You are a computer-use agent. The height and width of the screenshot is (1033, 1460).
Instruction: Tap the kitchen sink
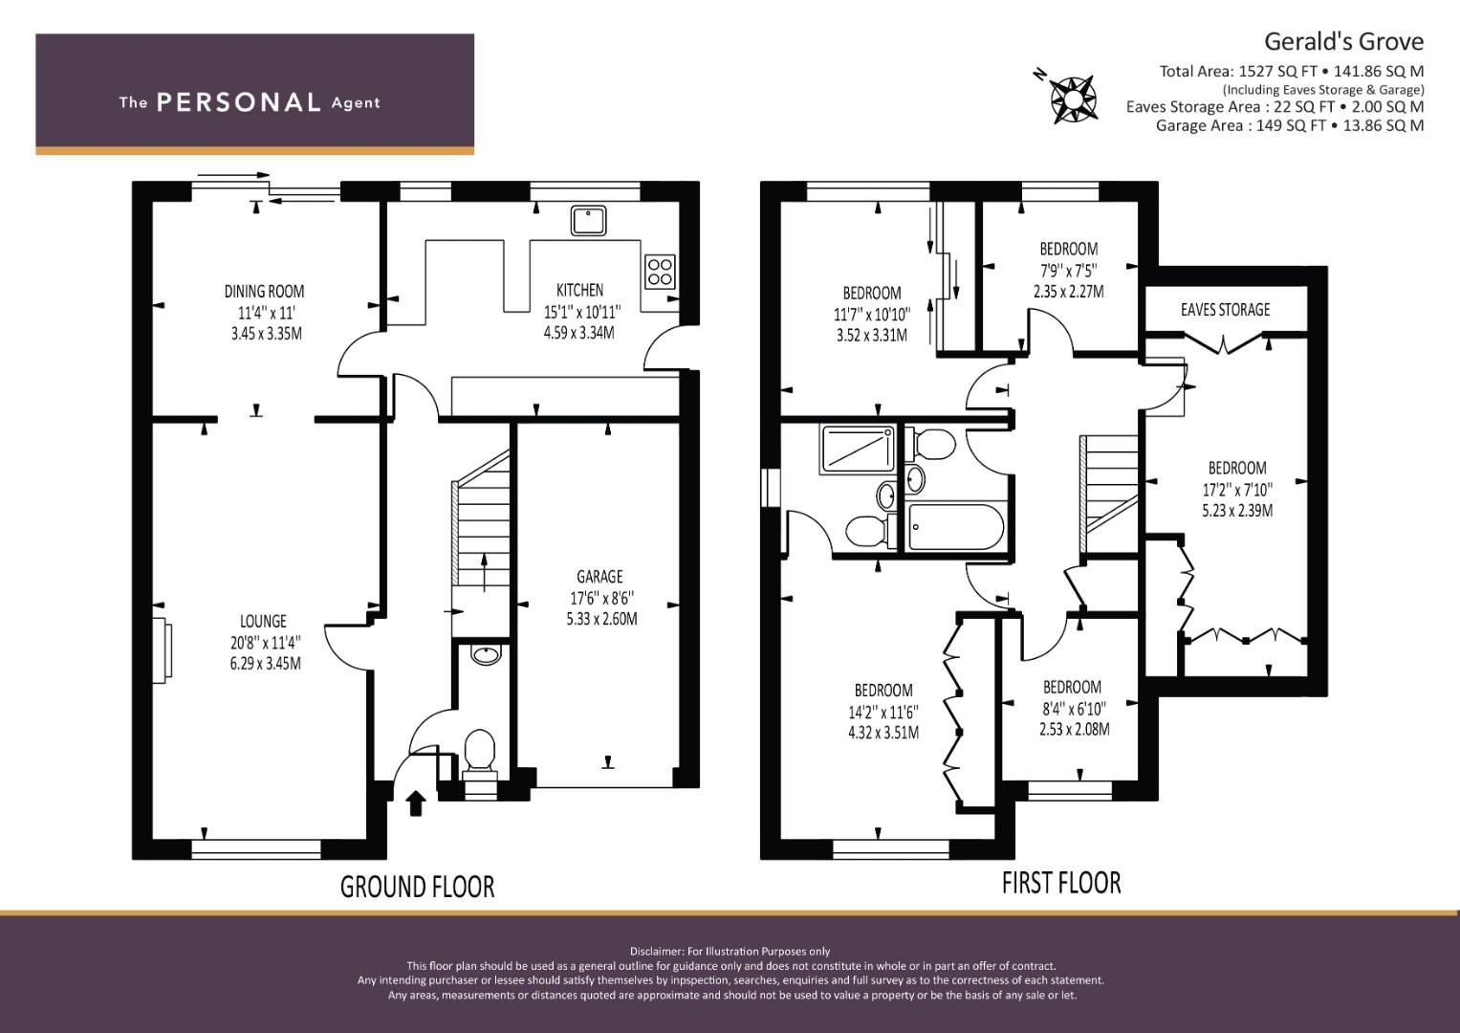click(589, 220)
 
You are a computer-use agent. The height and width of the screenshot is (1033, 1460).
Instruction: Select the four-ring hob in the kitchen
click(660, 272)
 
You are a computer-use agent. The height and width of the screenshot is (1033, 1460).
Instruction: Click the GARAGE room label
click(599, 577)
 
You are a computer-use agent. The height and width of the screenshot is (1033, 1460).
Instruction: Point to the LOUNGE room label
click(263, 621)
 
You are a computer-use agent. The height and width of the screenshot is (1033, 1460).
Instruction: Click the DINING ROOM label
click(264, 291)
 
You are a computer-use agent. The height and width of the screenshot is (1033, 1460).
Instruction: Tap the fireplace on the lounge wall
click(163, 650)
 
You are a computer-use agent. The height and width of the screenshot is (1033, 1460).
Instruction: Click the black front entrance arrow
click(416, 802)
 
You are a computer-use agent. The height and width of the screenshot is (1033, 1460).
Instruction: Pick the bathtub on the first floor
click(955, 527)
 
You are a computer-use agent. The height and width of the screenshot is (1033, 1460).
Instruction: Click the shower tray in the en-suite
click(857, 449)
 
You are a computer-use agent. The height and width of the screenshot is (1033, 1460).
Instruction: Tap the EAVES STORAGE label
click(1226, 309)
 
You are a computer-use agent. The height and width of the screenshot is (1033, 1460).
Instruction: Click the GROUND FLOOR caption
click(417, 887)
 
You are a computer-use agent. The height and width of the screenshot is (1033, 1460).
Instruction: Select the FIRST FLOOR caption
click(1061, 883)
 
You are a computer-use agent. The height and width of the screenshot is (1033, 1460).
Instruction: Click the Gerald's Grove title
click(1344, 42)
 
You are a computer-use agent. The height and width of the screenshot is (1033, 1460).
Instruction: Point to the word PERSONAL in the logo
click(239, 102)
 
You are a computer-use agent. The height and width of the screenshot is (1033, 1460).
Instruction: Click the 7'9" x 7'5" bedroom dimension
click(1068, 270)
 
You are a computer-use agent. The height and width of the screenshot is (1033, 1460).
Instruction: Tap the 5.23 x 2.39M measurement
click(1237, 510)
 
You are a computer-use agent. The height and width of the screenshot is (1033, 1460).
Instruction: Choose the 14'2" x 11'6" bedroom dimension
click(883, 712)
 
